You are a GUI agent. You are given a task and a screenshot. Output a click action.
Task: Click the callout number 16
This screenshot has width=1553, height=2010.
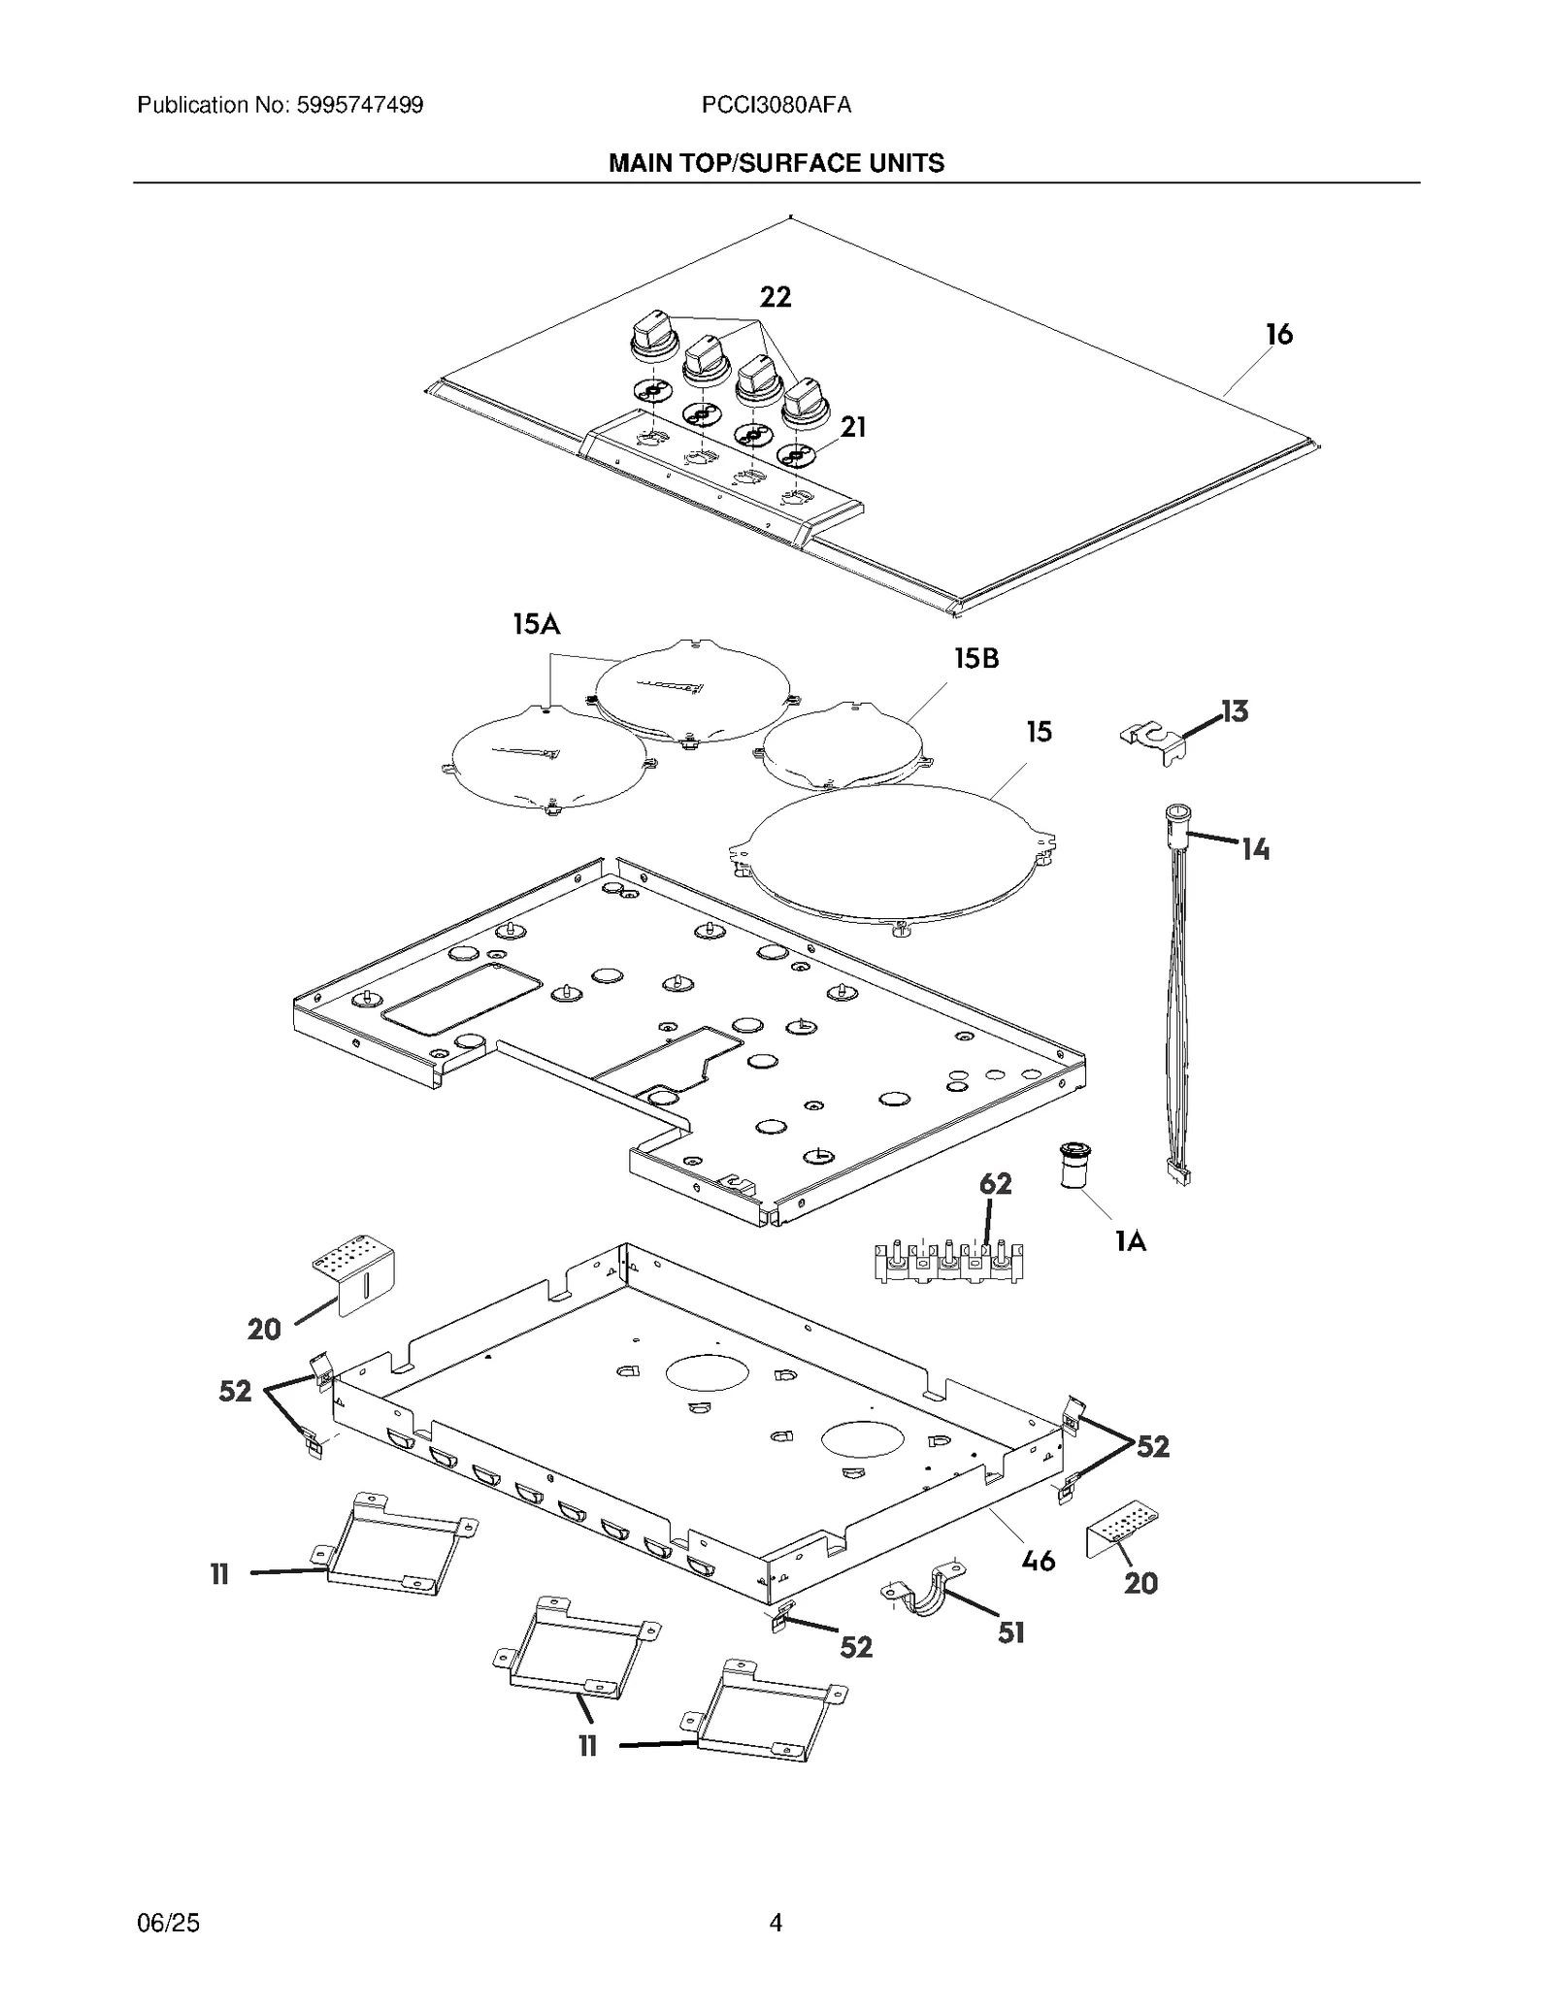(x=1278, y=335)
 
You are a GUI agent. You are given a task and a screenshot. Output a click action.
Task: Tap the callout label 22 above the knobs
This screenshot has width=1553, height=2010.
(x=775, y=297)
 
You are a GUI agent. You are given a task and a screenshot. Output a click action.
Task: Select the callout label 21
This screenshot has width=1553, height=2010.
(x=852, y=427)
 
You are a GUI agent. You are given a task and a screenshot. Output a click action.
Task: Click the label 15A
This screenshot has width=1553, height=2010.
(x=536, y=624)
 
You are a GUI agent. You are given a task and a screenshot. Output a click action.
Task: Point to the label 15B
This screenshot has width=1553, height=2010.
(x=975, y=659)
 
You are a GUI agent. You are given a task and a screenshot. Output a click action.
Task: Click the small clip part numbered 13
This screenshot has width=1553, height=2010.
(x=1155, y=740)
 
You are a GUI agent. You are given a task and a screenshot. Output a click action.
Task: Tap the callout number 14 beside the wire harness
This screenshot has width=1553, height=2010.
(x=1255, y=850)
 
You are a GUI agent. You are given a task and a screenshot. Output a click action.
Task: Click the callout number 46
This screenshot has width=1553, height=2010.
(x=1039, y=1561)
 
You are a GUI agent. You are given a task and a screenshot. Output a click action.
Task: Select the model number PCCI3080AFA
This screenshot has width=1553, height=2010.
(x=776, y=105)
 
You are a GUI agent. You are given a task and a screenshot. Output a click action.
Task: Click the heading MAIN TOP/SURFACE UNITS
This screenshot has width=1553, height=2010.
(x=776, y=163)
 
